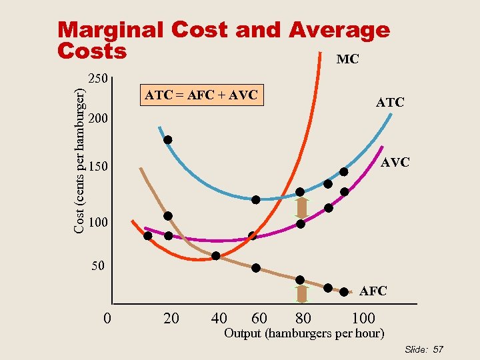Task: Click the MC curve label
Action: point(347,59)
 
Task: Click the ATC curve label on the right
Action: point(389,103)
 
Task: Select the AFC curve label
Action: point(373,291)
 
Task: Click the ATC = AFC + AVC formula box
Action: point(201,95)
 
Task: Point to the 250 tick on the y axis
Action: point(98,79)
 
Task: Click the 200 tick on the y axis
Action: point(98,120)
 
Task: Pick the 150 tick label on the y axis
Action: point(98,166)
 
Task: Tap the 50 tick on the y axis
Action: point(98,267)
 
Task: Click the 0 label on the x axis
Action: point(107,318)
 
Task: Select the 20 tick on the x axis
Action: point(171,318)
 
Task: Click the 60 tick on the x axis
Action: point(260,318)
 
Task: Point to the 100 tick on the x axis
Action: point(363,318)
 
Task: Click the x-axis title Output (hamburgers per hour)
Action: point(304,333)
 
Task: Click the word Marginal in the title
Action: point(109,30)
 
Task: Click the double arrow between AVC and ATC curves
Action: point(301,208)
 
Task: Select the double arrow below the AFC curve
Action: point(301,294)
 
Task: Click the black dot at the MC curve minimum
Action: point(216,256)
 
